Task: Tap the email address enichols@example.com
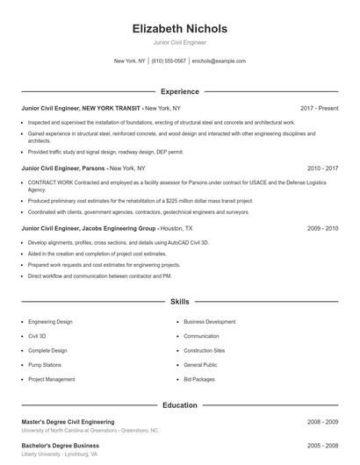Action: tap(219, 61)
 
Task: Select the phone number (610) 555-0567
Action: tap(169, 61)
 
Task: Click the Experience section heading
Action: tap(179, 91)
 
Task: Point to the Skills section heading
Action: tap(179, 301)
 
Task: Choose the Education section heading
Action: tap(179, 405)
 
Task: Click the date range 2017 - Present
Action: tap(319, 108)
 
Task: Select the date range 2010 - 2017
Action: tap(322, 167)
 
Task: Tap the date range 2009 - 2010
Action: tap(322, 227)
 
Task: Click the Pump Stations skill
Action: tap(45, 365)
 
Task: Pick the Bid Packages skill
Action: tap(200, 379)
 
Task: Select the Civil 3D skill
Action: tap(37, 336)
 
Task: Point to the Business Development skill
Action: tap(209, 322)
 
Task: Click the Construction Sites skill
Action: tap(205, 350)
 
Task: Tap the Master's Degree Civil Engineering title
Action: tap(68, 422)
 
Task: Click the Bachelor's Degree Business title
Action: tap(60, 446)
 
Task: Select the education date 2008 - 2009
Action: tap(322, 422)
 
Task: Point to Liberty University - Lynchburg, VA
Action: tap(59, 454)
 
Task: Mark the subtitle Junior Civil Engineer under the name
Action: tap(179, 42)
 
